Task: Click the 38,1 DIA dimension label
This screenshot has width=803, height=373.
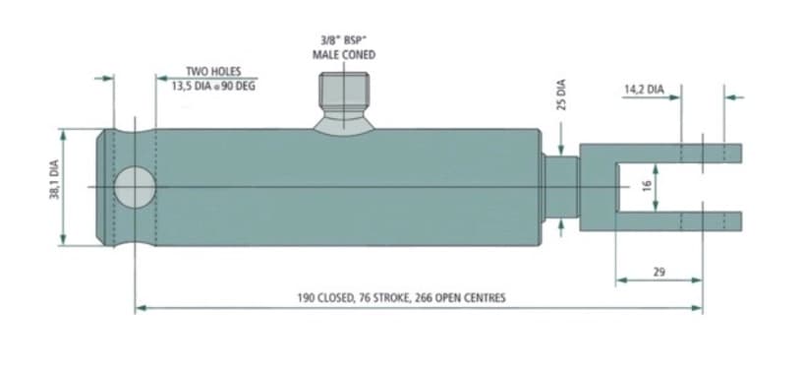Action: point(55,179)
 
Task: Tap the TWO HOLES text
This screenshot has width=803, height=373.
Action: point(213,72)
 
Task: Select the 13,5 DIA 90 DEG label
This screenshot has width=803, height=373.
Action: point(213,87)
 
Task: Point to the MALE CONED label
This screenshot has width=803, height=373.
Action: point(344,54)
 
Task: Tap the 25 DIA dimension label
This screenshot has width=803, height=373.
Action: point(561,94)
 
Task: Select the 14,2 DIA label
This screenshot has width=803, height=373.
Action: point(644,90)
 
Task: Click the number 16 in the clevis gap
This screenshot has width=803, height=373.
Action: point(647,185)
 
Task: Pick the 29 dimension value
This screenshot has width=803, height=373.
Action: point(660,272)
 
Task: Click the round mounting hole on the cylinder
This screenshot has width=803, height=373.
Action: point(135,187)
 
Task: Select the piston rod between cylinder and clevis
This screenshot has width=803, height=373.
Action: point(560,187)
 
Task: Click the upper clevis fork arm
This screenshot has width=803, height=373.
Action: point(678,154)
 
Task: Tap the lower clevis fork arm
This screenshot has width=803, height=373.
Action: point(678,221)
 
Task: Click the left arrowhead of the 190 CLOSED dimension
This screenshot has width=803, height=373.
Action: point(141,308)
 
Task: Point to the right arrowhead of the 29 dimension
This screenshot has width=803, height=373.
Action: point(697,280)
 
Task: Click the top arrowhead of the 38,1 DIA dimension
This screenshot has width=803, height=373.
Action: point(63,135)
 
